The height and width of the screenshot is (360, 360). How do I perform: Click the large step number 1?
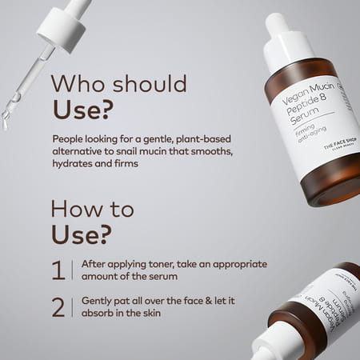(58, 270)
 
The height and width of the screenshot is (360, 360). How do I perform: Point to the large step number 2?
(58, 307)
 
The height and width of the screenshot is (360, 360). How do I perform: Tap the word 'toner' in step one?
(161, 264)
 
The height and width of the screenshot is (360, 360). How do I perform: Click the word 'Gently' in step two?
(98, 301)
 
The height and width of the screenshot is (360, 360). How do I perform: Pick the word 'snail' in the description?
(129, 150)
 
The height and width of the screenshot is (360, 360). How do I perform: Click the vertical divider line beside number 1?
(73, 270)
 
